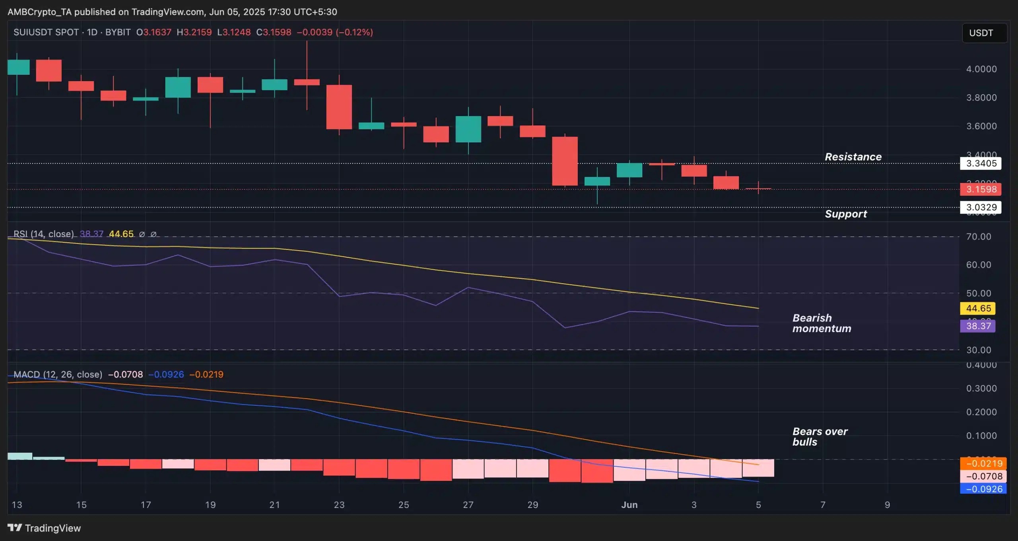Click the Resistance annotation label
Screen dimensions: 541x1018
(853, 157)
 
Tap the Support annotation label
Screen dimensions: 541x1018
(845, 214)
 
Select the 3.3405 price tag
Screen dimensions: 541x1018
(981, 163)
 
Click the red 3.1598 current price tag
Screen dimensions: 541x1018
(981, 189)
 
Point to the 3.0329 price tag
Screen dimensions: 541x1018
(981, 207)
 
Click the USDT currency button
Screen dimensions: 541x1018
(984, 33)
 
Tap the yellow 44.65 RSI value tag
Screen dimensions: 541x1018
(978, 308)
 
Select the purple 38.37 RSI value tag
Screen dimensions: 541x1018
(978, 326)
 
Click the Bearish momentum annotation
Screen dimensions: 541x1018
(821, 323)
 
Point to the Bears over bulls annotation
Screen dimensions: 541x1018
(820, 436)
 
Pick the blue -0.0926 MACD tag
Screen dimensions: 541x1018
(983, 489)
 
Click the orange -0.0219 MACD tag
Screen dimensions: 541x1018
(983, 463)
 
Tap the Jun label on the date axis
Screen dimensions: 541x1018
(629, 505)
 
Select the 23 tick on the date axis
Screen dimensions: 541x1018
(339, 505)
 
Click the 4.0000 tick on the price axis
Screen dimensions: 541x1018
(981, 69)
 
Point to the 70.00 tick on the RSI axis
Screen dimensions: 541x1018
(978, 237)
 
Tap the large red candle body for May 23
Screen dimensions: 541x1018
(339, 107)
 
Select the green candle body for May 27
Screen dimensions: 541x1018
(468, 129)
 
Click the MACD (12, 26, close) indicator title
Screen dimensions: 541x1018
(58, 374)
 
